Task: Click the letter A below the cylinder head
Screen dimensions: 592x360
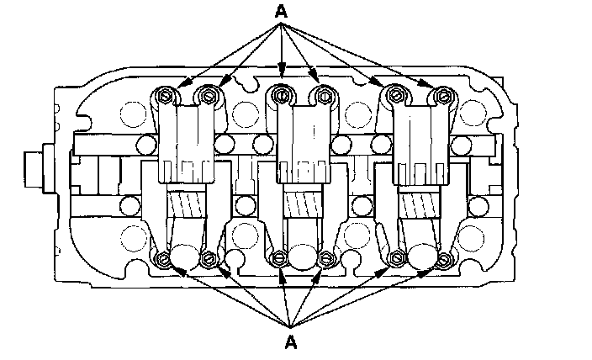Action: tap(291, 341)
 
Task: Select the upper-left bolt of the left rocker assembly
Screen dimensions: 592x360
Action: tap(166, 99)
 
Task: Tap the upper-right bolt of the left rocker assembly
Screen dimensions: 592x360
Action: tap(207, 99)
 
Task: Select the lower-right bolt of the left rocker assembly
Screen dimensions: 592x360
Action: tap(208, 257)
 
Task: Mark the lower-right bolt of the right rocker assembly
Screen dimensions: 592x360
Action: tap(442, 257)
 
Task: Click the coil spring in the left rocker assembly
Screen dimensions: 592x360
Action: tap(184, 204)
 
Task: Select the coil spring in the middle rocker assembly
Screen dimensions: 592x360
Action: tap(301, 204)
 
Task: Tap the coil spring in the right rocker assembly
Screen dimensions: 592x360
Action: tap(416, 204)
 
